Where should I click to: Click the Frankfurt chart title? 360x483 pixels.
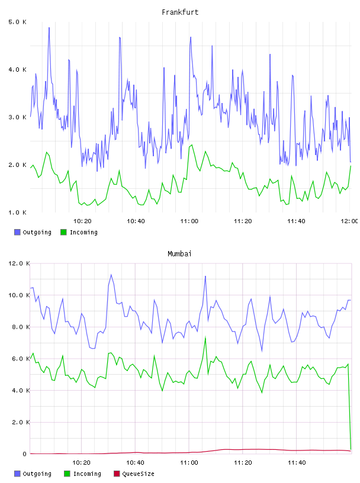coord(180,12)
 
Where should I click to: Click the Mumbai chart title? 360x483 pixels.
coord(179,254)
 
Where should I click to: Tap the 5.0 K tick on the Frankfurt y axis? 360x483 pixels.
coord(18,22)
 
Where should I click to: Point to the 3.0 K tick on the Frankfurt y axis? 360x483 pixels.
coord(18,117)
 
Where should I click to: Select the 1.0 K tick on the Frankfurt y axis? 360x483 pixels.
coord(18,212)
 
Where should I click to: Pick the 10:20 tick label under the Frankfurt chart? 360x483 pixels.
coord(82,221)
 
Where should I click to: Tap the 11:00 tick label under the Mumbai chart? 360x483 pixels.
coord(189,462)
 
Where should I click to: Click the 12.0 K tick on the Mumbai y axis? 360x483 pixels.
coord(19,263)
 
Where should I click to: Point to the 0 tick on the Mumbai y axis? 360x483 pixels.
coord(25,454)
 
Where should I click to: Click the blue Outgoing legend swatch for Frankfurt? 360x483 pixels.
coord(17,232)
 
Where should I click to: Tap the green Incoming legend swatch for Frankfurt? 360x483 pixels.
coord(63,232)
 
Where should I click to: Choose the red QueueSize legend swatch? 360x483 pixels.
coord(117,474)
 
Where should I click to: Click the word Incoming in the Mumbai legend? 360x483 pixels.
coord(87,474)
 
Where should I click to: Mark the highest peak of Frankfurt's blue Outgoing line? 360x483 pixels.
coord(49,28)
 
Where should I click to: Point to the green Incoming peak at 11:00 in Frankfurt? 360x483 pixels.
coord(192,145)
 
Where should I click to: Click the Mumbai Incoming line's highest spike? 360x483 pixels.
coord(205,337)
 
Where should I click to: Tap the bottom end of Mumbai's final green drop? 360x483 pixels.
coord(351,449)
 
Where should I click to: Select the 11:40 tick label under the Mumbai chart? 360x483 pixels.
coord(297,462)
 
